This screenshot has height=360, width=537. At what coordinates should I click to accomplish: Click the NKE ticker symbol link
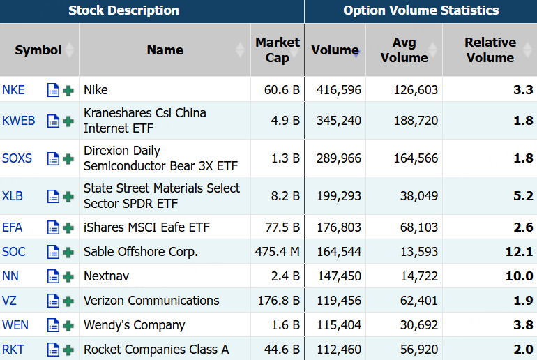tap(13, 90)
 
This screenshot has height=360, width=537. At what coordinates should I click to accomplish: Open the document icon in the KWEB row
tap(53, 121)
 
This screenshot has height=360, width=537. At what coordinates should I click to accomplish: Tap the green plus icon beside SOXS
tap(68, 159)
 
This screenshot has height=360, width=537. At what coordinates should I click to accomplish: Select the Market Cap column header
tap(278, 50)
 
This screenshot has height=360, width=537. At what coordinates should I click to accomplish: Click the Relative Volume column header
tap(490, 50)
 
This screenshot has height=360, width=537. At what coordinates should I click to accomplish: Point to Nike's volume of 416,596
tap(339, 90)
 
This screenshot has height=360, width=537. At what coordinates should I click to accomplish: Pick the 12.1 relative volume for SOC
tap(519, 252)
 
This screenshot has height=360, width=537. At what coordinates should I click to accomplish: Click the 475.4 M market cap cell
tap(278, 252)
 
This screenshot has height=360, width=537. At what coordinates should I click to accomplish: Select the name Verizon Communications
tap(151, 301)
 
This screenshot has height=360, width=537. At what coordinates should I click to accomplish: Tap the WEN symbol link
tap(15, 325)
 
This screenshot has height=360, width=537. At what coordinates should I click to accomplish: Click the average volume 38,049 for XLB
tap(419, 196)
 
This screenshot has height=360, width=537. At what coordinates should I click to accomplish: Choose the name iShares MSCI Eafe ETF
tap(146, 227)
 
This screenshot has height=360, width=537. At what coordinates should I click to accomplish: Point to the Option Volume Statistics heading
tap(421, 10)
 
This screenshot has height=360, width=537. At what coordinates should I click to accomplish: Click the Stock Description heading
tap(123, 10)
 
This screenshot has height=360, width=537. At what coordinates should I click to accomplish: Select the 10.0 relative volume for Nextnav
tap(519, 276)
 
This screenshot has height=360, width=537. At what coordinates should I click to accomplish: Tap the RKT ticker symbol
tap(13, 350)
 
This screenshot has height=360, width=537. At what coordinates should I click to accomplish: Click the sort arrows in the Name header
tap(240, 50)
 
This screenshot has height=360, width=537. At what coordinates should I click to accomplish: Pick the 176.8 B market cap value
tap(279, 301)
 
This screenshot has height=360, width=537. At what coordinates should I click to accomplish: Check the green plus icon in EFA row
tap(68, 227)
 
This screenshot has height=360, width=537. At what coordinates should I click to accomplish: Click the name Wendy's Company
tap(134, 325)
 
